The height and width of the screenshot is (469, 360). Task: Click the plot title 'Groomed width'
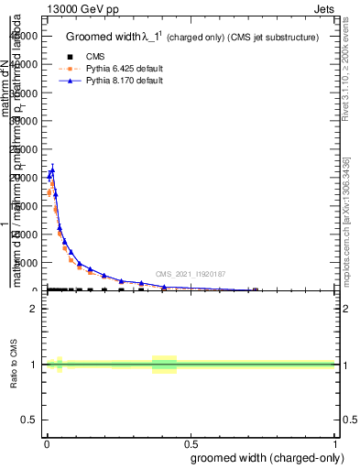click(102, 38)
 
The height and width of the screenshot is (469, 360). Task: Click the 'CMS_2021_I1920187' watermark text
click(190, 273)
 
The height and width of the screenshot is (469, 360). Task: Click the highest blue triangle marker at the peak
click(52, 169)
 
